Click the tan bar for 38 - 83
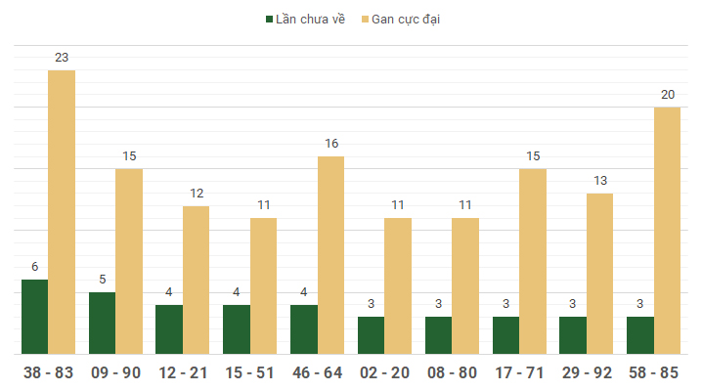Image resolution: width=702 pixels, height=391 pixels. click(x=62, y=212)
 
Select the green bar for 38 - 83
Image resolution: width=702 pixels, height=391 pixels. click(x=34, y=317)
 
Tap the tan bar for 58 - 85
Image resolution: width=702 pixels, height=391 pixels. click(x=668, y=231)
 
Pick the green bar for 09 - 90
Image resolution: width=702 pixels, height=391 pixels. click(x=102, y=323)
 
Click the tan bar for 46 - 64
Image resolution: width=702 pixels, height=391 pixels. click(x=331, y=255)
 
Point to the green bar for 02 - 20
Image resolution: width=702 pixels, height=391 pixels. click(x=372, y=335)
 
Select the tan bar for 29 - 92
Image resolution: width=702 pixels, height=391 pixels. click(x=600, y=274)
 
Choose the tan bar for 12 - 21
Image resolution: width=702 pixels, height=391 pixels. click(x=197, y=280)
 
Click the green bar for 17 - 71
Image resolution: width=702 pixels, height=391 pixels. click(x=506, y=335)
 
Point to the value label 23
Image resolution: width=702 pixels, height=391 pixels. click(x=62, y=58)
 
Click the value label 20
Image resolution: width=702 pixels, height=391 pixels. click(x=668, y=95)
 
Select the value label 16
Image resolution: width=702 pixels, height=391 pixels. click(x=331, y=144)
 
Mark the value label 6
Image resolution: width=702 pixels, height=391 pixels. click(x=34, y=267)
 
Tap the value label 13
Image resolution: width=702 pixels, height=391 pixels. click(x=600, y=181)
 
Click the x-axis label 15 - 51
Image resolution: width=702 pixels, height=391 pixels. click(x=250, y=372)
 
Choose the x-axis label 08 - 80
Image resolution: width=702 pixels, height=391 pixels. click(x=452, y=372)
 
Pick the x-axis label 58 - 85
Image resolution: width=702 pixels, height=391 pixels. click(x=654, y=372)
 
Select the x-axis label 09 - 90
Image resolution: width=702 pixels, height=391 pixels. click(x=115, y=372)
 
